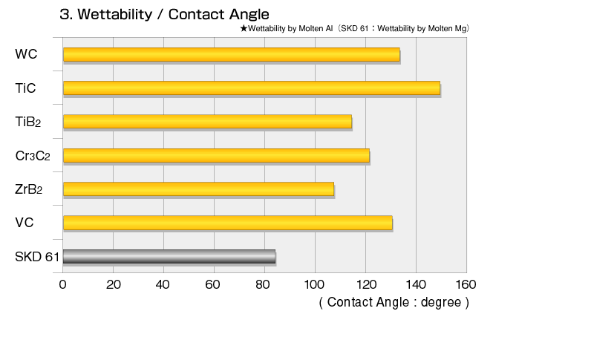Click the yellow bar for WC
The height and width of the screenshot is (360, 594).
tap(232, 54)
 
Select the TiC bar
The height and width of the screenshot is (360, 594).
tap(252, 88)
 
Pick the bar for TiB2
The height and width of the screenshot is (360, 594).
tap(207, 122)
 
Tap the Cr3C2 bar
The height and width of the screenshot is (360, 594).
tap(216, 156)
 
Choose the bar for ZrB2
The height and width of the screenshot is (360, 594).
tap(198, 189)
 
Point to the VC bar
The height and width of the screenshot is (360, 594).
tap(228, 223)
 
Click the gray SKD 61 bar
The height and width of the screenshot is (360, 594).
tap(169, 256)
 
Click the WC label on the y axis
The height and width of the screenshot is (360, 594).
tap(26, 54)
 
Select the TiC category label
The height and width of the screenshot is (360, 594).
tap(25, 88)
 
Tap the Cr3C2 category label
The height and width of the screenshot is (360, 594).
tap(33, 156)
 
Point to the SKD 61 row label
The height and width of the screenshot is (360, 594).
tap(37, 257)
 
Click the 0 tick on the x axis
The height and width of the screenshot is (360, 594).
tap(63, 285)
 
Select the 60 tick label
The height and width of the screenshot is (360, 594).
tap(212, 285)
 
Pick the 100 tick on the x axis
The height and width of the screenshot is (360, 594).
tap(314, 285)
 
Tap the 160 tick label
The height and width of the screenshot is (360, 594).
tap(466, 285)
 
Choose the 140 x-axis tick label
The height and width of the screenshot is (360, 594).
tap(416, 285)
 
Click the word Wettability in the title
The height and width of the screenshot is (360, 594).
tap(115, 15)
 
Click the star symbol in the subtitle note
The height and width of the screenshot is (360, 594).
tap(244, 28)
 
